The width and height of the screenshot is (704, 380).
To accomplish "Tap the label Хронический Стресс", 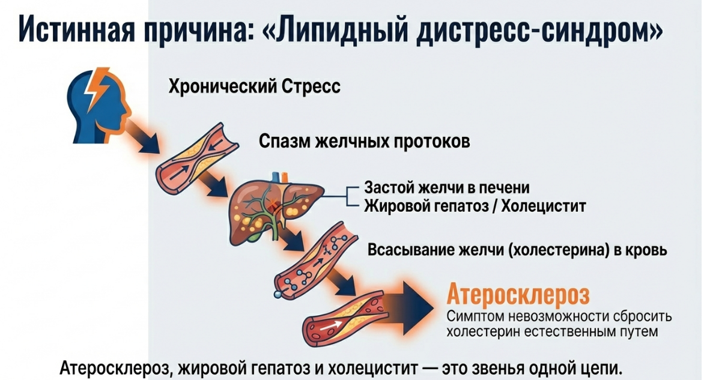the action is tap(254, 87).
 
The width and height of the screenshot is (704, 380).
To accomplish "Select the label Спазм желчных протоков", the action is tap(364, 142).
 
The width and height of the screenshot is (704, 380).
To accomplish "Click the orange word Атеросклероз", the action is tap(518, 295).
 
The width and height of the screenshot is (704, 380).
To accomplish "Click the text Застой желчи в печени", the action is tap(447, 188).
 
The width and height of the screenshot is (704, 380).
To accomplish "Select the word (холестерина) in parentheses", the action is tap(554, 249).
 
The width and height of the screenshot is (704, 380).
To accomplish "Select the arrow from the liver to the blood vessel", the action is tap(293, 242).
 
